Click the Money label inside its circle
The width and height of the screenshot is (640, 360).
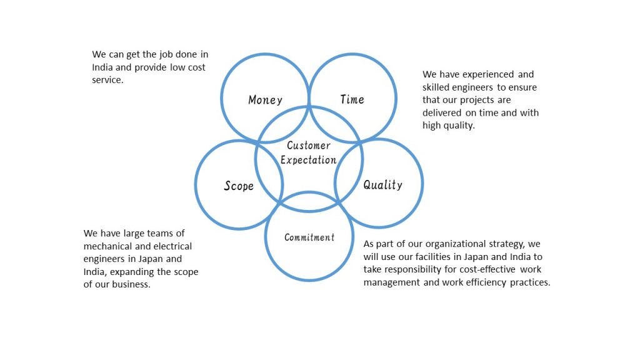click(x=265, y=100)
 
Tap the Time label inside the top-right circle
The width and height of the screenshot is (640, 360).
click(x=352, y=99)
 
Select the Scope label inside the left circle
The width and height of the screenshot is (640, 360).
click(x=239, y=186)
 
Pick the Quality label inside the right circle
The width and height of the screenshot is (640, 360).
click(x=382, y=184)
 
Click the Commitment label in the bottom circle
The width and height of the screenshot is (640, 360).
click(x=309, y=237)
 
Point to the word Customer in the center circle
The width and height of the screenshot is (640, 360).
click(x=309, y=146)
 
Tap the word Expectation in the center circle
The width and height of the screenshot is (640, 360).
click(x=309, y=160)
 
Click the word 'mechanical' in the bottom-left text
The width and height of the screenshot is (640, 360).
click(x=107, y=247)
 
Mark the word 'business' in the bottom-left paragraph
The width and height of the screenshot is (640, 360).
click(x=132, y=285)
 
